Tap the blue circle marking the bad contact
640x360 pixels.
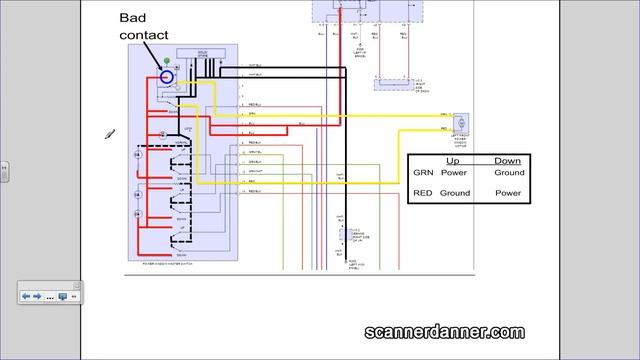(x=167, y=76)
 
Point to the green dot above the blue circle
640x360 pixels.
(x=166, y=63)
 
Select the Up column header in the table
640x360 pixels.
(x=452, y=160)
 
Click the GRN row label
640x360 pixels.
(x=423, y=173)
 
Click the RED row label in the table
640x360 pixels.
(x=423, y=193)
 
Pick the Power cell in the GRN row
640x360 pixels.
(x=454, y=173)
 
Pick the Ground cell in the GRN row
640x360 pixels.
(x=508, y=173)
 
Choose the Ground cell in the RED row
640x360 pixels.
(x=455, y=193)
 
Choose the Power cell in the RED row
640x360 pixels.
(x=508, y=193)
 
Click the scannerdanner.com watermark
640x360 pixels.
(x=443, y=332)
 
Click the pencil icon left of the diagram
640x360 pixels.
(x=111, y=134)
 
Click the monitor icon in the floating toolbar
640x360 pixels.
(x=62, y=297)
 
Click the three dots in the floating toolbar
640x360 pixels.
(x=48, y=297)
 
